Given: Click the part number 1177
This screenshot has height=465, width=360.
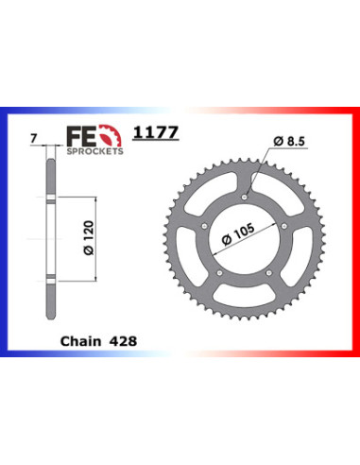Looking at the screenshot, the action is coord(156,132).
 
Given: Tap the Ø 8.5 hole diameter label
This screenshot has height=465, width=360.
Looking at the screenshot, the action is coord(289,141).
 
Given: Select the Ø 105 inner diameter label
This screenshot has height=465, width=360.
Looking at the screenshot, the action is coord(238,234).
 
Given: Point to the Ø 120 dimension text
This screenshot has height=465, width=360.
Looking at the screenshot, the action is coord(89,238).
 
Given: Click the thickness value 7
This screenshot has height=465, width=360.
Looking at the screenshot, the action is coord(34,138).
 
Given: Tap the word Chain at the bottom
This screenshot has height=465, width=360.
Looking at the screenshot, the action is coord(81,341).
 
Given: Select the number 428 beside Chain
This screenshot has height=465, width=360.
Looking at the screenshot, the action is coord(123,341).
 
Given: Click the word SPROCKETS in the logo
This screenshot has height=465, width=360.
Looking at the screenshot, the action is coord(94,151).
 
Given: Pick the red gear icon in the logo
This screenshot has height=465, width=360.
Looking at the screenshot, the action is coord(111,136).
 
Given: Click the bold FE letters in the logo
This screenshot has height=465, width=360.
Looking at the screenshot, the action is coord(82,136).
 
